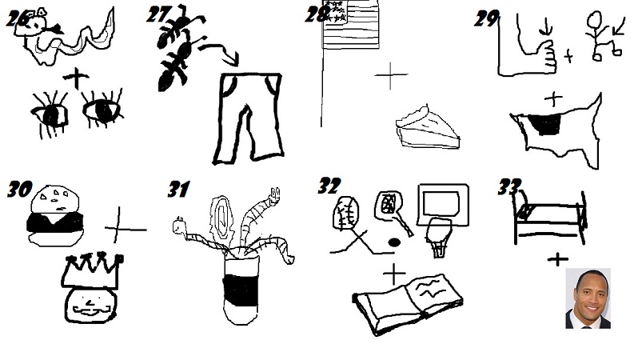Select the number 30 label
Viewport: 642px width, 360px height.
coord(18,190)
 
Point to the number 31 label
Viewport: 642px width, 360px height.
coord(177,190)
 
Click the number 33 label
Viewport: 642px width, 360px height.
coord(509,188)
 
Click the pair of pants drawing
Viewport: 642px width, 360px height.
coord(248,118)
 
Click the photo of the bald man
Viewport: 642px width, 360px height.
coord(588,298)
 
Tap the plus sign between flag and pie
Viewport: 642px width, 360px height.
coord(391,76)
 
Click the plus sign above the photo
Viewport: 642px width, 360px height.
coord(557,258)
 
